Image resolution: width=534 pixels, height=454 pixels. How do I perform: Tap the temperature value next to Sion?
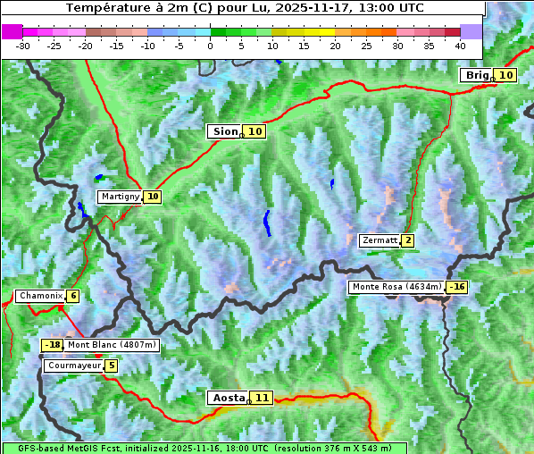click(255, 131)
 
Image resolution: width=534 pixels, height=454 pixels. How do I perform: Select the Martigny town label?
click(120, 197)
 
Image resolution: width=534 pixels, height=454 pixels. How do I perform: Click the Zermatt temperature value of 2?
click(408, 240)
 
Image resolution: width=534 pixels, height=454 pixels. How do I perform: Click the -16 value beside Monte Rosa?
click(457, 287)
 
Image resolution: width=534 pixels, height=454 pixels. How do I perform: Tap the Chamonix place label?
click(39, 296)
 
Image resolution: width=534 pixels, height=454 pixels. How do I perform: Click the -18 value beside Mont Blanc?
click(53, 345)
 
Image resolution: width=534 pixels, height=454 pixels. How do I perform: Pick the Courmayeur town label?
click(73, 366)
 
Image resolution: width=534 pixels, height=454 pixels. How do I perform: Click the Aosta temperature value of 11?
click(262, 398)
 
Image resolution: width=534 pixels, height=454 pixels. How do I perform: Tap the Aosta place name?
click(227, 398)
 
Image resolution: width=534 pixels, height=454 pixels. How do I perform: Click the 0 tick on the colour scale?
click(211, 45)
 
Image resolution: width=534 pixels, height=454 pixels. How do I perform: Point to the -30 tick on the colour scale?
click(23, 45)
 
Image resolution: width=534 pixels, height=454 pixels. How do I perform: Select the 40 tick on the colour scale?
click(460, 45)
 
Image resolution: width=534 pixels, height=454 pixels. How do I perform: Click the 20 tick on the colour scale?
click(336, 45)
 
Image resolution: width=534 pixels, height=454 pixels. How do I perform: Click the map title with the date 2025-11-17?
click(243, 8)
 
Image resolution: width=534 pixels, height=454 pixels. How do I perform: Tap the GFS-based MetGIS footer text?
click(204, 448)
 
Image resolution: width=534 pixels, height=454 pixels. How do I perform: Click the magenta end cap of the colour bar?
click(12, 31)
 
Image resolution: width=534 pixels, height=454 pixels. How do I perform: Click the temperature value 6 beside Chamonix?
click(72, 296)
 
